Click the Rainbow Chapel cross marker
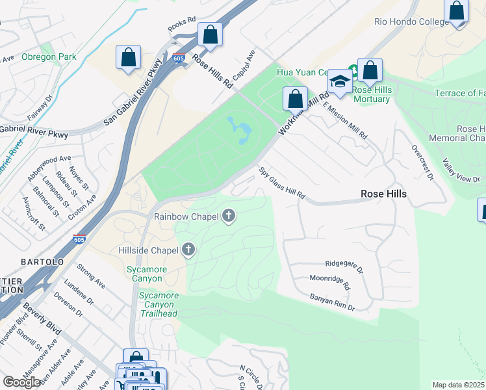click(x=228, y=216)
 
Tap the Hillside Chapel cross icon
click(x=188, y=250)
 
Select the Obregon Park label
click(x=49, y=57)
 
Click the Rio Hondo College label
click(x=411, y=21)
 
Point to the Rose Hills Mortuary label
click(x=372, y=94)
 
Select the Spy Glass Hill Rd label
click(x=282, y=184)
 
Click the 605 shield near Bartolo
click(x=79, y=239)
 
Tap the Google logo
click(x=21, y=382)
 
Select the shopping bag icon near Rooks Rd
click(x=210, y=35)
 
